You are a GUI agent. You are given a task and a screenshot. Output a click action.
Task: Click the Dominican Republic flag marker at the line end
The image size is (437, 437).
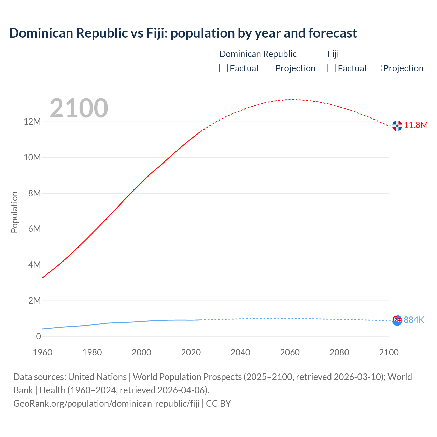pyautogui.click(x=397, y=126)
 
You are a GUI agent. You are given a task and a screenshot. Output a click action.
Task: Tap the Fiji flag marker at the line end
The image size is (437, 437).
pyautogui.click(x=397, y=320)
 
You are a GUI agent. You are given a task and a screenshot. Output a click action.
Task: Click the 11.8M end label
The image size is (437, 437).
pyautogui.click(x=416, y=125)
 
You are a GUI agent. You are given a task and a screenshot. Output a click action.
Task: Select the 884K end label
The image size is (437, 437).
pyautogui.click(x=414, y=320)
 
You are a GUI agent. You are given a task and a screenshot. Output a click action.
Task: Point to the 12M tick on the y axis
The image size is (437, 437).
pyautogui.click(x=32, y=122)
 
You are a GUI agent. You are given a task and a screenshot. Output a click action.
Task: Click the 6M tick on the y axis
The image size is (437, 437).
pyautogui.click(x=34, y=229)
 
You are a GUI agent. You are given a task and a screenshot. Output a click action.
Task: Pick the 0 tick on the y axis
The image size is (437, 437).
pyautogui.click(x=38, y=336)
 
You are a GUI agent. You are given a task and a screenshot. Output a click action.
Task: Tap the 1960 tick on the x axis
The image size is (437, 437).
pyautogui.click(x=43, y=352)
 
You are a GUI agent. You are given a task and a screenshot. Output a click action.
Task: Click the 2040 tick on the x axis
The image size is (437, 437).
pyautogui.click(x=240, y=352)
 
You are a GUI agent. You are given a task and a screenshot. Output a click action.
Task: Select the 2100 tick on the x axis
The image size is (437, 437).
pyautogui.click(x=389, y=352)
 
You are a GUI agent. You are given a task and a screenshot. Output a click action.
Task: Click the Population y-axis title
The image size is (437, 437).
pyautogui.click(x=14, y=212)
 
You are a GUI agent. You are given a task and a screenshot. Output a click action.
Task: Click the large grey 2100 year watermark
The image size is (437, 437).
pyautogui.click(x=79, y=108)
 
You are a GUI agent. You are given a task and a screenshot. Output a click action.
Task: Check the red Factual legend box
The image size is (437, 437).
pyautogui.click(x=224, y=68)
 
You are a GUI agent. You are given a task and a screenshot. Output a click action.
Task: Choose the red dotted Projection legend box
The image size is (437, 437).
pyautogui.click(x=269, y=68)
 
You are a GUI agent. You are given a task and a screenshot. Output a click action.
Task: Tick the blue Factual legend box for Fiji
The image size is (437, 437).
pyautogui.click(x=332, y=68)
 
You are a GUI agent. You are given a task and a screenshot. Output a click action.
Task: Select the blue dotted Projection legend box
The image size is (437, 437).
pyautogui.click(x=377, y=68)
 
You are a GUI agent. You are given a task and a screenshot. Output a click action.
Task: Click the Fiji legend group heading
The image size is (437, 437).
pyautogui.click(x=333, y=54)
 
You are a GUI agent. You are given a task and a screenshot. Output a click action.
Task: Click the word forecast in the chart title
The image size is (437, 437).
pyautogui.click(x=333, y=33)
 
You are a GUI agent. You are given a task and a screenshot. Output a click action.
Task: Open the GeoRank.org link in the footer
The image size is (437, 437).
pyautogui.click(x=106, y=403)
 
